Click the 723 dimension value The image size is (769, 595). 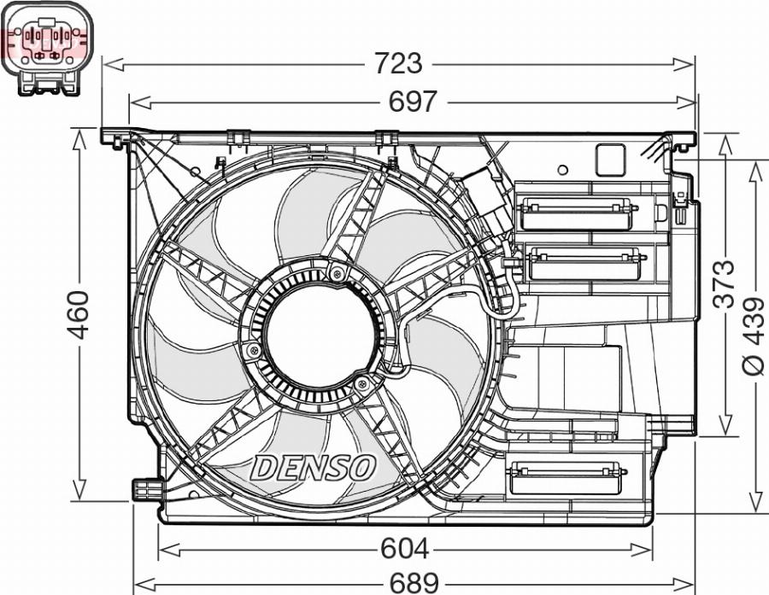click(399, 63)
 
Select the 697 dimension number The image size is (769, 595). click(413, 102)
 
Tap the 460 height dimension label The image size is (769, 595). click(79, 314)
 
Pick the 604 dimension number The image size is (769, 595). click(405, 548)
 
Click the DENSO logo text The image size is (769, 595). click(313, 467)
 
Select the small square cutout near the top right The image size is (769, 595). click(610, 160)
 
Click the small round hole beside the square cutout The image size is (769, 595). click(561, 171)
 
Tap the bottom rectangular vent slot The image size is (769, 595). click(565, 477)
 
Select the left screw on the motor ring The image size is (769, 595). click(251, 351)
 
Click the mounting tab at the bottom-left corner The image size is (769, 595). click(145, 488)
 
